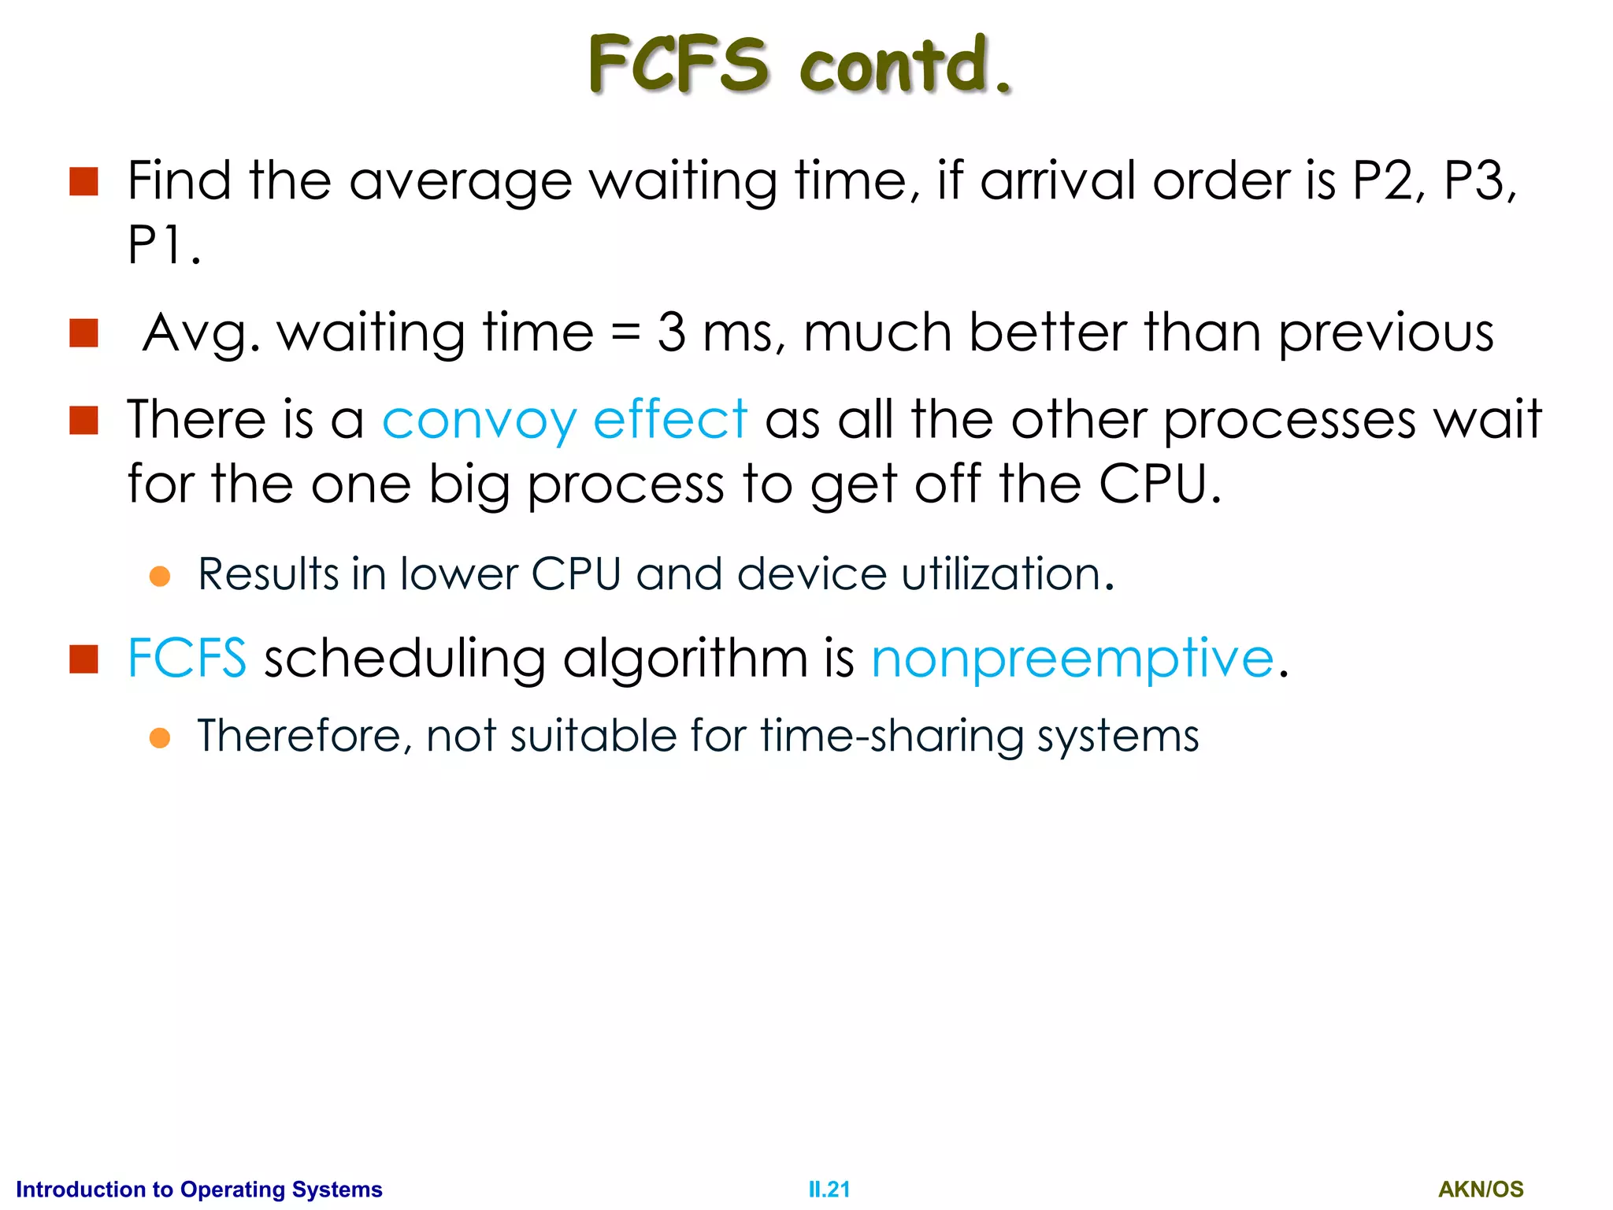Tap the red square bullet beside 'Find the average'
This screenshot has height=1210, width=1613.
coord(83,181)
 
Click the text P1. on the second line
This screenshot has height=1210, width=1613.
coord(164,246)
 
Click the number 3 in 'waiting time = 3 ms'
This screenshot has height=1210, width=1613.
coord(671,332)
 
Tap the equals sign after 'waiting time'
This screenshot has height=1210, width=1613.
coord(626,332)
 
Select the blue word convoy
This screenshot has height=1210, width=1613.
coord(480,420)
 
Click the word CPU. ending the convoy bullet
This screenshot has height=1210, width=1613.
coord(1159,484)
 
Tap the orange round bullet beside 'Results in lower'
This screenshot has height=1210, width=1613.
coord(160,576)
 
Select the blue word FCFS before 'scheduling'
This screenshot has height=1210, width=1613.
coord(187,658)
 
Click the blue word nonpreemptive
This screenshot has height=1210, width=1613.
coord(1072,659)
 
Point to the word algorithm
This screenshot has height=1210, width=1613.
coord(685,659)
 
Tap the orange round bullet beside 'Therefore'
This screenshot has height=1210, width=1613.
coord(160,738)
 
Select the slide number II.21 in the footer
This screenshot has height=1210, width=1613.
coord(829,1190)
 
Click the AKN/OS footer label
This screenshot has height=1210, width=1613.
coord(1481,1190)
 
